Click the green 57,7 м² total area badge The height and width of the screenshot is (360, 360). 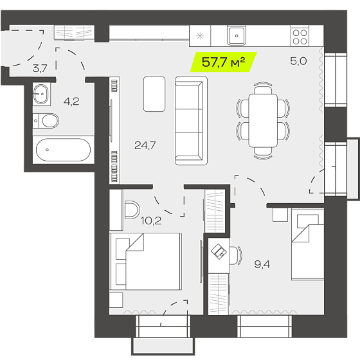pos(223,62)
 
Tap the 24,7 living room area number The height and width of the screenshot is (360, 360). pos(145,145)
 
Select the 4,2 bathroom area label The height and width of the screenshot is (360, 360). pos(71,102)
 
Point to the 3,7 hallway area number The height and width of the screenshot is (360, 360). pos(40,68)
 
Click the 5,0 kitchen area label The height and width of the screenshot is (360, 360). pos(298,61)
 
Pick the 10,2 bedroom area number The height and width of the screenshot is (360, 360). pos(151,221)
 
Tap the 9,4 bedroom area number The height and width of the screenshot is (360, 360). pos(262,264)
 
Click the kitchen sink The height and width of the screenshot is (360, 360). pos(237,35)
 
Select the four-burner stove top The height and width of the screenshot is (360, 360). pos(300,36)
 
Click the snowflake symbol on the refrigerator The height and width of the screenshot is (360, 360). pos(200,36)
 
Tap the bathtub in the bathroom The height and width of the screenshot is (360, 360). pos(64,150)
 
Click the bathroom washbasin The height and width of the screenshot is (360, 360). pos(41,94)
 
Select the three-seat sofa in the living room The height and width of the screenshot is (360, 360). pos(192,121)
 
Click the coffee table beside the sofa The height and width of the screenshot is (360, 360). pos(154,94)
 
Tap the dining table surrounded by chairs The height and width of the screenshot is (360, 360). pos(263,121)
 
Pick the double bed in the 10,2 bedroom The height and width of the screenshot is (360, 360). pos(146,262)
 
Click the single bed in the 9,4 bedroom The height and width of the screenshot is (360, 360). pos(308,244)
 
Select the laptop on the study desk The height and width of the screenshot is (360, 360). pos(219,251)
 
